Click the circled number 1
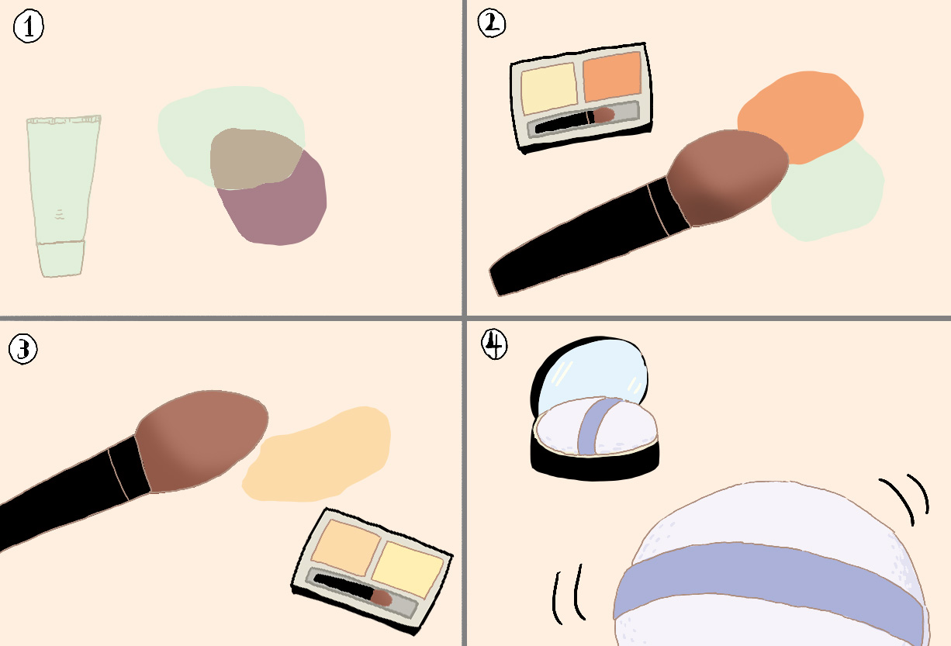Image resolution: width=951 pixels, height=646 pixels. [x=29, y=26]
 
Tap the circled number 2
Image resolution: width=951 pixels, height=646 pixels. [x=492, y=23]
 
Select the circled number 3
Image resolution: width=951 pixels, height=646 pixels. [x=23, y=349]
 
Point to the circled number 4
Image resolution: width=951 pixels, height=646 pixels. [x=494, y=344]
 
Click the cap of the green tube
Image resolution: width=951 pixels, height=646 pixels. [x=61, y=258]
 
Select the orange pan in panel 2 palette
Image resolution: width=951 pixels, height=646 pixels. [x=612, y=77]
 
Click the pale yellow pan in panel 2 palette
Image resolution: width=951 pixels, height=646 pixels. [x=549, y=88]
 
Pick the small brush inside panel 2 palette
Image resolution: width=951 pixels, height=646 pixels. [x=575, y=121]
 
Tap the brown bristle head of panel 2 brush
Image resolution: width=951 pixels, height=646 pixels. [x=727, y=178]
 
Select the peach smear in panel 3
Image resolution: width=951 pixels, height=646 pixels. [x=317, y=455]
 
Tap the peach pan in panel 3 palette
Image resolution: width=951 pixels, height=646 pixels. [x=346, y=548]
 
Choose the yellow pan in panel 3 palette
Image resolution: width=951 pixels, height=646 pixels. [x=407, y=569]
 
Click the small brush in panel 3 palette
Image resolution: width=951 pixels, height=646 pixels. [x=352, y=589]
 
